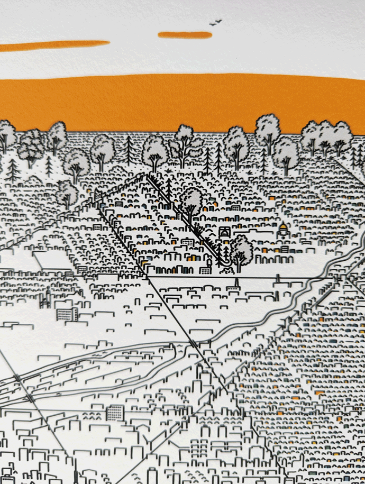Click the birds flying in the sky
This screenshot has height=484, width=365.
215,23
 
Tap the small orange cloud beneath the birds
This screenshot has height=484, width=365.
185,35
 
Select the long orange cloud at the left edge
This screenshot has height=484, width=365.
53,46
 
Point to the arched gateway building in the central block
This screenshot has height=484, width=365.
224,233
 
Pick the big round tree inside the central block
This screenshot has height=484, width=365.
190,202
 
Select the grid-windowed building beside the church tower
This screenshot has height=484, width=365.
67,314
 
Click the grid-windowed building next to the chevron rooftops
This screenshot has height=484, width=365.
115,412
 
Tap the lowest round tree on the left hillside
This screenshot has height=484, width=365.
67,193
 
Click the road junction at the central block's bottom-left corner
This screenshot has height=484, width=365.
148,276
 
